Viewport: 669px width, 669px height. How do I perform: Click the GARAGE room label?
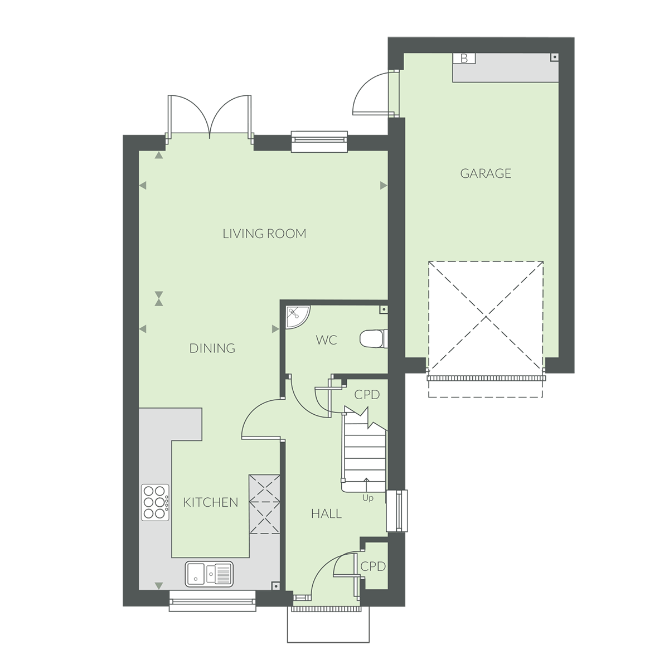pyautogui.click(x=486, y=173)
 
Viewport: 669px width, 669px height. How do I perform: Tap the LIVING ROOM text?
pyautogui.click(x=265, y=234)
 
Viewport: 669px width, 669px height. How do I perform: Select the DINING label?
pyautogui.click(x=212, y=348)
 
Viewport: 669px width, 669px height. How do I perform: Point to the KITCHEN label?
pyautogui.click(x=210, y=502)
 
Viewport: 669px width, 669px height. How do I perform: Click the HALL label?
pyautogui.click(x=326, y=513)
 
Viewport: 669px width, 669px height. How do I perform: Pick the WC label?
pyautogui.click(x=326, y=340)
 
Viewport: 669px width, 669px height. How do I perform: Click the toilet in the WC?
pyautogui.click(x=374, y=339)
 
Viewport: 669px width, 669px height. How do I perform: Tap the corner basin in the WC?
pyautogui.click(x=297, y=317)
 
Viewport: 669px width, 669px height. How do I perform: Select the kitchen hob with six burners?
pyautogui.click(x=155, y=502)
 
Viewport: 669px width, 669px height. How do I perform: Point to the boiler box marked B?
pyautogui.click(x=464, y=59)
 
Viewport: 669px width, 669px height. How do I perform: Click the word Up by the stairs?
pyautogui.click(x=367, y=498)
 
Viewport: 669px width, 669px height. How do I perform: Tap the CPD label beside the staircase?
pyautogui.click(x=367, y=395)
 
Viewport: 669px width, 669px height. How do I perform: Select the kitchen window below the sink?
pyautogui.click(x=212, y=601)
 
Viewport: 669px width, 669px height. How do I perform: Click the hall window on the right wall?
pyautogui.click(x=397, y=511)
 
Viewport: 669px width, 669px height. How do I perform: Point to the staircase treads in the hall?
pyautogui.click(x=365, y=452)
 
